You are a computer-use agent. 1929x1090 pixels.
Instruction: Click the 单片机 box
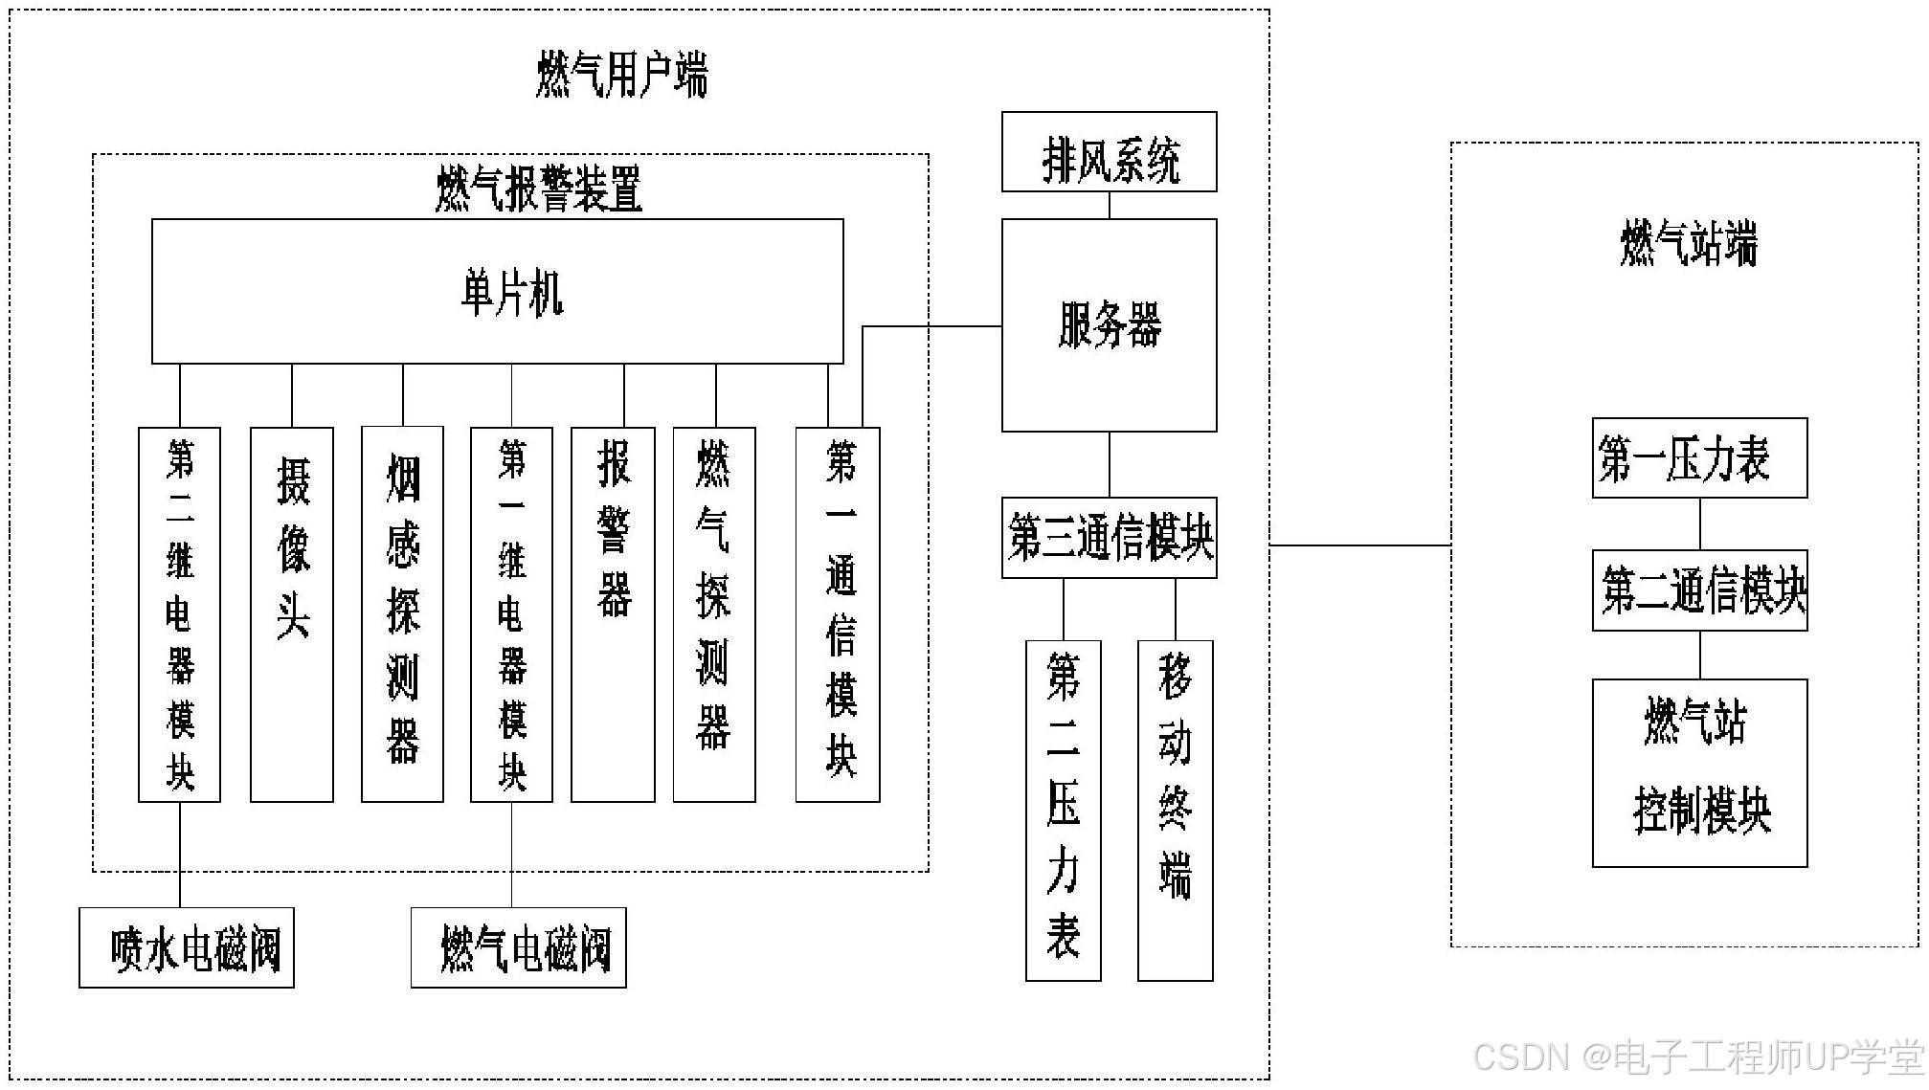pos(497,292)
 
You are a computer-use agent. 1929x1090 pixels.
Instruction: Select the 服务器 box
pos(1109,325)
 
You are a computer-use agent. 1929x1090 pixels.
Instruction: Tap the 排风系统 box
pos(1109,152)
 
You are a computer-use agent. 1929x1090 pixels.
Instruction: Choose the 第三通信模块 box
pos(1109,538)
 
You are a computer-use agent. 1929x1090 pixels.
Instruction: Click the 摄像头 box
pos(292,614)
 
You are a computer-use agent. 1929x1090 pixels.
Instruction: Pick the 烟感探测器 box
pos(402,614)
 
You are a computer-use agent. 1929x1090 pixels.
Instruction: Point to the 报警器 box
pos(613,614)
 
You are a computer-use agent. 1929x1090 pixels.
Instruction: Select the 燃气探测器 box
pos(714,614)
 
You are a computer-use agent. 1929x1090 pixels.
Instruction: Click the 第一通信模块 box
pos(838,614)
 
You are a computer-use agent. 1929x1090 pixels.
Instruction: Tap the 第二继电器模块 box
pos(179,614)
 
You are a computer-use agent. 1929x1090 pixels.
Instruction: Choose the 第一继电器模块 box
pos(511,614)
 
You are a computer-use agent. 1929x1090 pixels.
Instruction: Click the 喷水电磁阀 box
pos(187,947)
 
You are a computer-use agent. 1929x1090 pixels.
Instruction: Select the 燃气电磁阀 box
pos(518,947)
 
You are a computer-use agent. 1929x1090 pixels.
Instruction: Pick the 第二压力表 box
pos(1063,811)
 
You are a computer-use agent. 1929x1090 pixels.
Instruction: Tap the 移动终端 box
pos(1175,811)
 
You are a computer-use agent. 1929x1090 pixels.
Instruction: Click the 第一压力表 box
pos(1699,458)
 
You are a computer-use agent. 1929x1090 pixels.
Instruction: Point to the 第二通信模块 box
pos(1699,590)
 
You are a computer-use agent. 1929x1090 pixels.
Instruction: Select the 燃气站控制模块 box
pos(1699,773)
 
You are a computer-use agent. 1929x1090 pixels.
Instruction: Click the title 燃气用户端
pos(621,76)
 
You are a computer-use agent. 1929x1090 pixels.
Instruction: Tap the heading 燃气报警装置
pos(539,189)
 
